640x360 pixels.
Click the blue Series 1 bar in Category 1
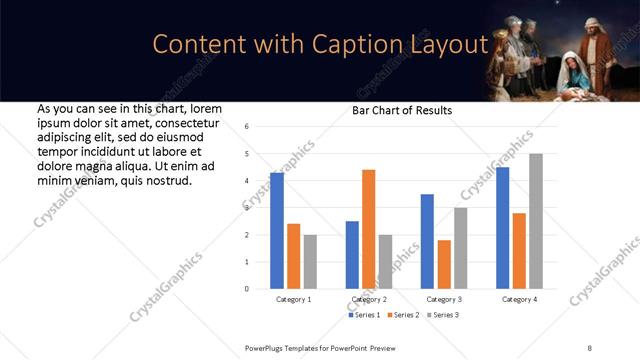pyautogui.click(x=277, y=231)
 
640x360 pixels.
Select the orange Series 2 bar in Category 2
pyautogui.click(x=369, y=229)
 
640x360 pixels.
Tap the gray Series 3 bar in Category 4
pyautogui.click(x=536, y=221)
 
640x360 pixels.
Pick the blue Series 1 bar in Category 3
pyautogui.click(x=427, y=241)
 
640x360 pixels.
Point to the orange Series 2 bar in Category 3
pyautogui.click(x=444, y=264)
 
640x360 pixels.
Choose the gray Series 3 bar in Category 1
pyautogui.click(x=310, y=262)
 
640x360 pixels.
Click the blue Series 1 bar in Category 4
pyautogui.click(x=502, y=228)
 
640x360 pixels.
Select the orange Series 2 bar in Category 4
pyautogui.click(x=519, y=251)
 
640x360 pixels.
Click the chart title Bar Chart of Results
pyautogui.click(x=402, y=110)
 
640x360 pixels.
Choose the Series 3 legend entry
pyautogui.click(x=445, y=315)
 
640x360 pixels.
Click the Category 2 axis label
pyautogui.click(x=369, y=299)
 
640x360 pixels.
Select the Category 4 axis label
pyautogui.click(x=519, y=299)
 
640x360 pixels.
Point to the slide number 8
pyautogui.click(x=589, y=347)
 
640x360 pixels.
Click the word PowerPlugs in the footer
pyautogui.click(x=267, y=347)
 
